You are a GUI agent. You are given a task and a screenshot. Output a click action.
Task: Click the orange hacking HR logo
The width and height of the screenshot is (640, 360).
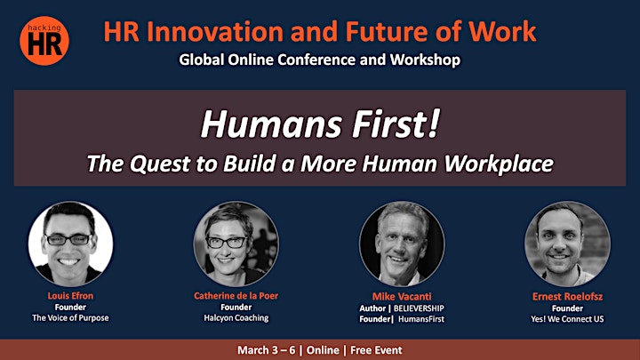44,40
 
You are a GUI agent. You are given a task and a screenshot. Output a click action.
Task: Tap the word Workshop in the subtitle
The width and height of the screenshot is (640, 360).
425,60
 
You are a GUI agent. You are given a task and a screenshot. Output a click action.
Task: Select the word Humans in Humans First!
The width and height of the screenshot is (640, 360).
271,124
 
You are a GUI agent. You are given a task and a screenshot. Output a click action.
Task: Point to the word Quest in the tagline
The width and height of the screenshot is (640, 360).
160,164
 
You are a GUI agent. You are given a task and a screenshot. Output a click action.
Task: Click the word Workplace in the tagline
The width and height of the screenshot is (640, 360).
499,164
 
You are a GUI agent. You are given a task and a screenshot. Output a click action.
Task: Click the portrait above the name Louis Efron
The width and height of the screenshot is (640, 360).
70,244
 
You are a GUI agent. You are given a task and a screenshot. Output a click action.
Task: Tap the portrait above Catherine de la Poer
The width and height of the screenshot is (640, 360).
236,244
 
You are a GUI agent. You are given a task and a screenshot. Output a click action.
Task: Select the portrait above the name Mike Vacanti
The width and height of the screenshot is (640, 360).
402,244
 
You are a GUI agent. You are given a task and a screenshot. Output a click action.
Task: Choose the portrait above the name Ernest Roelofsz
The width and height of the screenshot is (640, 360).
567,244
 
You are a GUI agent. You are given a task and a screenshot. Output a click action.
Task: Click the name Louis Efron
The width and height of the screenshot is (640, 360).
70,295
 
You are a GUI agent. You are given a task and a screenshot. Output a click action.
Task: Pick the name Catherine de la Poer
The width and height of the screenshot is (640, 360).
236,295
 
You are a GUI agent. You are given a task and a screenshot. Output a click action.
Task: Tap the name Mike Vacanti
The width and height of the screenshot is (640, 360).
402,296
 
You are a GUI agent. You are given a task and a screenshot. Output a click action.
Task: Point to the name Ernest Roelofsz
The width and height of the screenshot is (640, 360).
567,296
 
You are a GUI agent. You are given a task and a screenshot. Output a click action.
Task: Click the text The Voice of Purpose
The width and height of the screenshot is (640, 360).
70,317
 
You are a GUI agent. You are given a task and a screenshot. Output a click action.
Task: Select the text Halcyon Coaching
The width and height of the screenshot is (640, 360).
236,317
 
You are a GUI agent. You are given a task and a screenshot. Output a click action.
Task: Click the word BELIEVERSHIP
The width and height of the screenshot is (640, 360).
419,308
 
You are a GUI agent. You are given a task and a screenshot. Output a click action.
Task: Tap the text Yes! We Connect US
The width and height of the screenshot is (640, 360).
567,319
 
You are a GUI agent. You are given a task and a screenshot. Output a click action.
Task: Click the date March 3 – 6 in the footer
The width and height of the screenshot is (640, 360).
266,350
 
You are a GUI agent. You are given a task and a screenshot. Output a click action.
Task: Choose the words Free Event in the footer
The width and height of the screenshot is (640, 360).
376,350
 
